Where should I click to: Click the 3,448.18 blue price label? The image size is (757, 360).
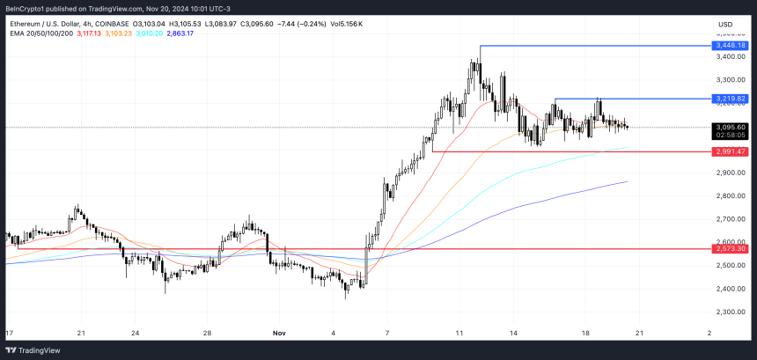(732, 45)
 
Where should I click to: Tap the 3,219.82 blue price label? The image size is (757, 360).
(732, 99)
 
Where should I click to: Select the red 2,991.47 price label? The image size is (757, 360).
(732, 151)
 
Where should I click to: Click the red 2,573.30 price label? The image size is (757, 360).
(732, 248)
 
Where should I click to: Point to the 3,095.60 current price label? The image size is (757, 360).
(732, 127)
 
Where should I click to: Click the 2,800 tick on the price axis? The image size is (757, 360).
(731, 195)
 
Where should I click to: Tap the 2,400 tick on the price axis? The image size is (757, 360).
(731, 289)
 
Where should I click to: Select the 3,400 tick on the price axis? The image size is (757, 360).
(731, 57)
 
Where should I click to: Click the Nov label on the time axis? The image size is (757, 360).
(279, 334)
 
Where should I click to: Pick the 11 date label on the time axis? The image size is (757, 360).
(459, 334)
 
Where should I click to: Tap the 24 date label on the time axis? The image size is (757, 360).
(135, 334)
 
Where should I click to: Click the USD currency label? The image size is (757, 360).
(726, 24)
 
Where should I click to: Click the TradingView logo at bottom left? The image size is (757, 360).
(40, 349)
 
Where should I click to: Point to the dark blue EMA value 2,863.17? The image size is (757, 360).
(200, 33)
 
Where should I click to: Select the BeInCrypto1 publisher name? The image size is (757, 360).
(31, 8)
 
